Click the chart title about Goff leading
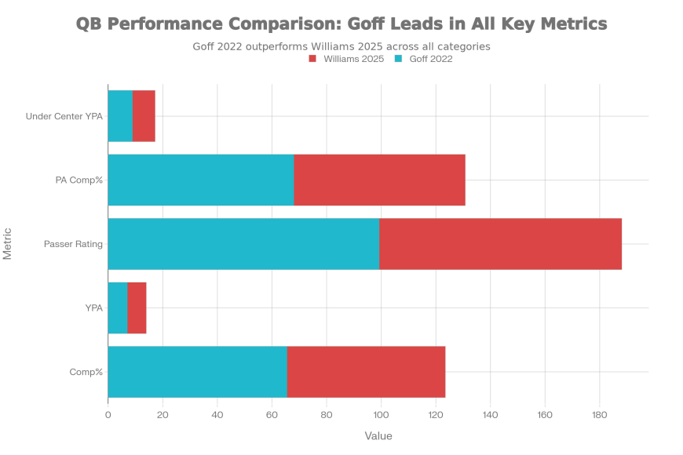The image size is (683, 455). pos(341,24)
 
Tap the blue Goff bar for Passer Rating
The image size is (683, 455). pos(243,244)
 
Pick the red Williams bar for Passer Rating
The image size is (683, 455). pos(501,244)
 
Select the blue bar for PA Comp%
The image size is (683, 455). pos(200,180)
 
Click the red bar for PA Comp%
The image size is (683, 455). pos(380,180)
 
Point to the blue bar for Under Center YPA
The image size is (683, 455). pos(120,115)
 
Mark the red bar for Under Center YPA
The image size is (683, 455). pos(144,115)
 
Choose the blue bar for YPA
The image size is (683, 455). pos(117,308)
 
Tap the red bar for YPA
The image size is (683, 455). pos(137,308)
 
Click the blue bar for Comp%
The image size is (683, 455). pos(197,372)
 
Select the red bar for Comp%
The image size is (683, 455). pos(367,372)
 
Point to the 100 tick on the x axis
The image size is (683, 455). pos(381,413)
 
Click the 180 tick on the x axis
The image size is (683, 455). pos(600,413)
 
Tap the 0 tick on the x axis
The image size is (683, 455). pos(108,413)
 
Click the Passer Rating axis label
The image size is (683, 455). pos(76,245)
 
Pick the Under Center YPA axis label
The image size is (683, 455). pos(64,116)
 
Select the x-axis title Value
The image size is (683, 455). pos(378,435)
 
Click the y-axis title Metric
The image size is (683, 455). pos(8,243)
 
